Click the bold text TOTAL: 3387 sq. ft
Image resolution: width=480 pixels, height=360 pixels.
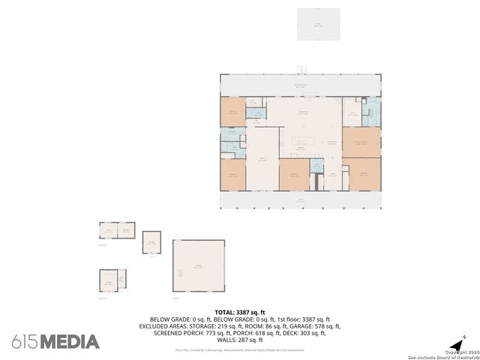240,312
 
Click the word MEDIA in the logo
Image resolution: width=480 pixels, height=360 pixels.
69,342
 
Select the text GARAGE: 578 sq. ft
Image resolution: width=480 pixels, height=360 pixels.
314,326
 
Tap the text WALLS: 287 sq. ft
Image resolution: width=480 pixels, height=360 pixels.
240,340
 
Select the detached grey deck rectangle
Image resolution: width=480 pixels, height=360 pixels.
318,25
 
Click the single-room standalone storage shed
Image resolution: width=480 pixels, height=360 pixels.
152,242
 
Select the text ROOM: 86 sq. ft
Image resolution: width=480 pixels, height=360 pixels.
264,326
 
